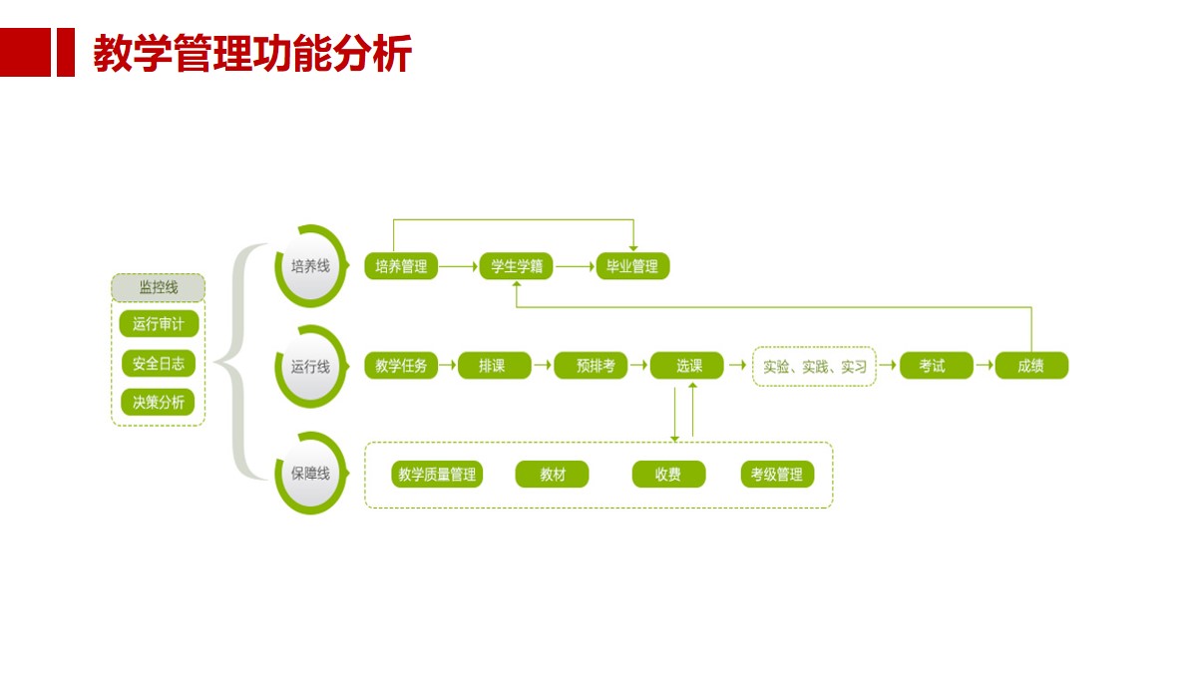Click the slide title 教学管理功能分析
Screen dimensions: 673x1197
tap(252, 54)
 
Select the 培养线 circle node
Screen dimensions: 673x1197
tap(310, 266)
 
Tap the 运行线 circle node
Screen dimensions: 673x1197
tap(310, 367)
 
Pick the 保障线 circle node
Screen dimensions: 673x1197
tap(310, 474)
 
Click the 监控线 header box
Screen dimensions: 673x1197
tap(158, 288)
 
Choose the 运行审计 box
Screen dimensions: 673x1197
tap(158, 324)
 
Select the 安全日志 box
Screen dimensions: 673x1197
tap(158, 363)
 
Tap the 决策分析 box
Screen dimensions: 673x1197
tap(158, 402)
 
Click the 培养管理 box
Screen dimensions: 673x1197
tap(401, 266)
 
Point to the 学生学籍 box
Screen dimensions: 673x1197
tap(517, 266)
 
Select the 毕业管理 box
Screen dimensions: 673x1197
tap(632, 266)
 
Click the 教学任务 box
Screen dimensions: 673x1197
tap(401, 366)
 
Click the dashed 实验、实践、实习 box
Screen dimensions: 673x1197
tap(814, 366)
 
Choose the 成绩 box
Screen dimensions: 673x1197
tap(1031, 366)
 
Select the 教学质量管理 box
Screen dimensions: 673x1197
tap(437, 475)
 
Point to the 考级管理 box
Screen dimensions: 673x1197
tap(777, 475)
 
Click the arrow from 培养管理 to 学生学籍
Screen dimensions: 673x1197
tap(459, 266)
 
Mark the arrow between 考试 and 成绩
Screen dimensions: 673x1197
tap(984, 366)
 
